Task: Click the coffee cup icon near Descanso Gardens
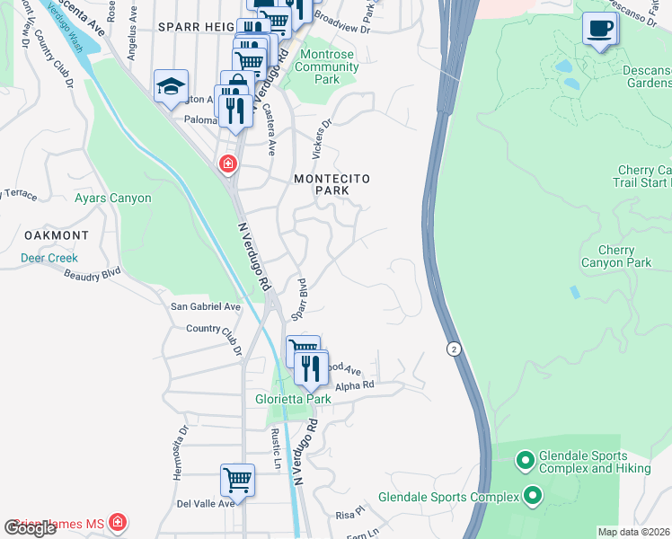600,29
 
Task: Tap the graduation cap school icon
171,86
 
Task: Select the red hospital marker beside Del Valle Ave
117,522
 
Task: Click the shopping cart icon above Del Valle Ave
237,479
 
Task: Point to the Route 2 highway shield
455,348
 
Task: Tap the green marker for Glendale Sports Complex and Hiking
526,462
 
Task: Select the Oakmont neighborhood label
56,235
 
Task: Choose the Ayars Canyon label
113,199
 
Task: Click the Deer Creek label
49,258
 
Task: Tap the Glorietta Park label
295,400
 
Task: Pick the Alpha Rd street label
355,385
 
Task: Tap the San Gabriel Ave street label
206,306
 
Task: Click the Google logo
31,528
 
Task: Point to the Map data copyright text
633,532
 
